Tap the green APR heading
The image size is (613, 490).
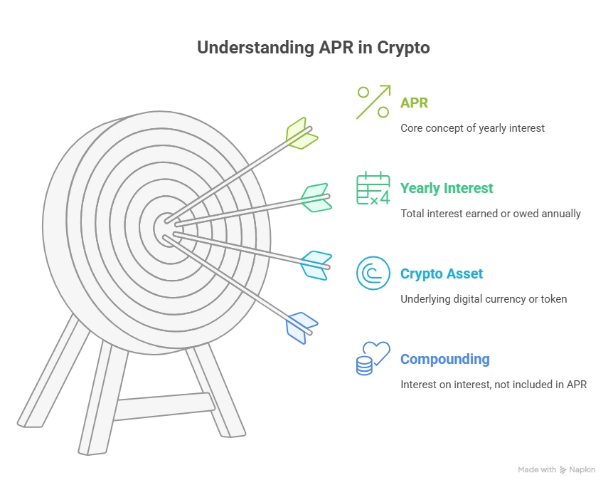click(415, 103)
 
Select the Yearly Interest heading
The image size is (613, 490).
click(447, 189)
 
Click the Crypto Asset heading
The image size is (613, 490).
click(442, 274)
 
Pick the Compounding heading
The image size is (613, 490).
click(445, 359)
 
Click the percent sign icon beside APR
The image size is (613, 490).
click(373, 102)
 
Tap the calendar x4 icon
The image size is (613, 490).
click(373, 188)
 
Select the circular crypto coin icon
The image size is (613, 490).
click(373, 273)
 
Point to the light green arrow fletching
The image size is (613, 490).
click(302, 133)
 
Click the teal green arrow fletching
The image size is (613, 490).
click(316, 197)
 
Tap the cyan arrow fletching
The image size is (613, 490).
click(316, 264)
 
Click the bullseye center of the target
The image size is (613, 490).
click(164, 229)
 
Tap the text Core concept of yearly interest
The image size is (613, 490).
click(472, 128)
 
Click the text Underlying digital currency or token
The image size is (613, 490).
click(484, 299)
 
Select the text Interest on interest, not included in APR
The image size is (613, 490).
click(494, 385)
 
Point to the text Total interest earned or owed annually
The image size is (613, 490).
click(491, 214)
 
